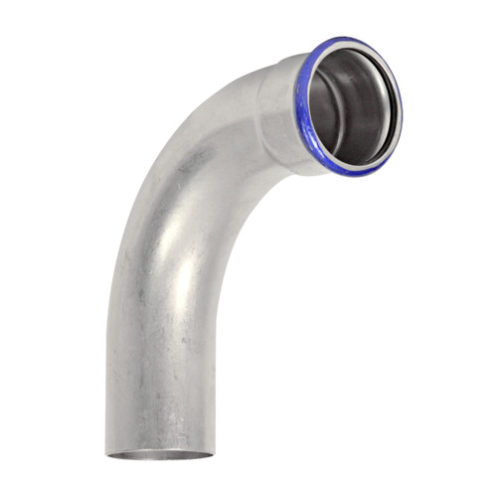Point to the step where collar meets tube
tap(260, 99)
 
